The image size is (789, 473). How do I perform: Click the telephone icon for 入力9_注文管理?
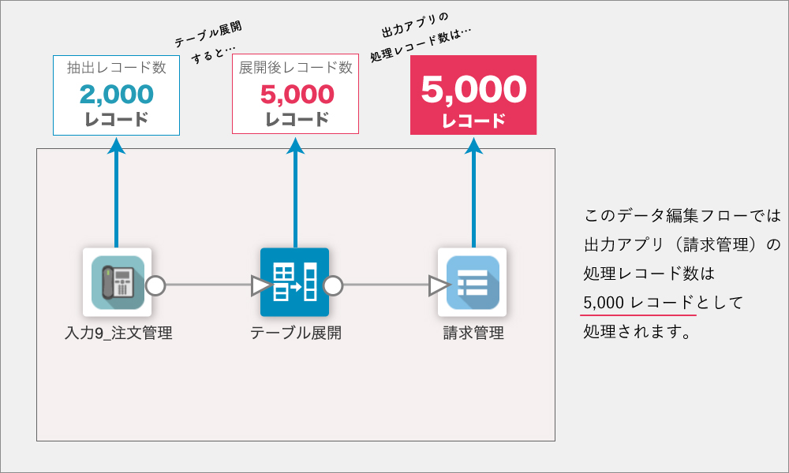[118, 282]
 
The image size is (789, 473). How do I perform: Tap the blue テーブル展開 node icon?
[294, 282]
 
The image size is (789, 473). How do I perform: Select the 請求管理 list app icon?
[473, 282]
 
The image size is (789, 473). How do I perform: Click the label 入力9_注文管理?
[119, 333]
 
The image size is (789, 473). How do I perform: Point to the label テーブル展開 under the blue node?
[296, 333]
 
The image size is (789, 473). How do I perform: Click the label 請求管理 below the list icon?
[473, 333]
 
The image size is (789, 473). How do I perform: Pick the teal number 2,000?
[116, 94]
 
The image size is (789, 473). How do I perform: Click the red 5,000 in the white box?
[297, 94]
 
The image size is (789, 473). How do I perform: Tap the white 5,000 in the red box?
[473, 89]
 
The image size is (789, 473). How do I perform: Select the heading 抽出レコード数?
[116, 67]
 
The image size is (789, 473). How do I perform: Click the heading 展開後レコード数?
[295, 67]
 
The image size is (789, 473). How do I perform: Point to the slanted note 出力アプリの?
[415, 25]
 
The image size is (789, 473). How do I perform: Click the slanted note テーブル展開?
[208, 34]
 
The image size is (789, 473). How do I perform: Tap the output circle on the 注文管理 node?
[155, 285]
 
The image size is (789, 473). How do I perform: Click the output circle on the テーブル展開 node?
[333, 285]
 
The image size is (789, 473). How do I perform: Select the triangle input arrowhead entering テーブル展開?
[260, 285]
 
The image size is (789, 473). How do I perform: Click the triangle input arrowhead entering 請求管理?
[438, 285]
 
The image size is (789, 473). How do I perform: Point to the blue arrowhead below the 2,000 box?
[116, 146]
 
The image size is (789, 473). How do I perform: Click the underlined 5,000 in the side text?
[604, 303]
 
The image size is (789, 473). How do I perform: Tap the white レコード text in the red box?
[473, 121]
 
